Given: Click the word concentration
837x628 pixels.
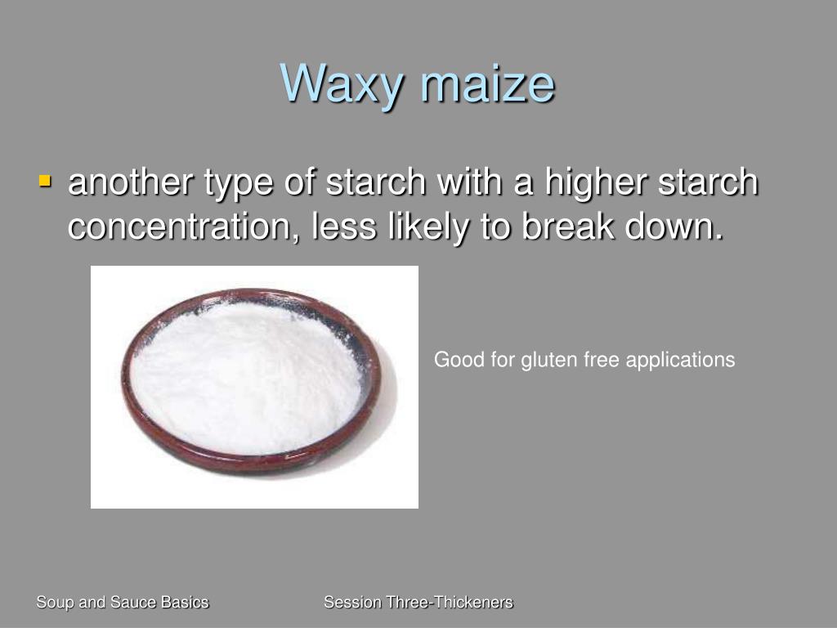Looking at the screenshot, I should click(177, 227).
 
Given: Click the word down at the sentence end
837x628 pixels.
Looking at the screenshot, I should click(675, 227).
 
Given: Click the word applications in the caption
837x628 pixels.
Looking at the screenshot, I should click(683, 360).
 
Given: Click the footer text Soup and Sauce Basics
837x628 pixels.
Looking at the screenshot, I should click(123, 603).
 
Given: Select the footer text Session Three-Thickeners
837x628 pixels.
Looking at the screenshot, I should click(418, 603).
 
